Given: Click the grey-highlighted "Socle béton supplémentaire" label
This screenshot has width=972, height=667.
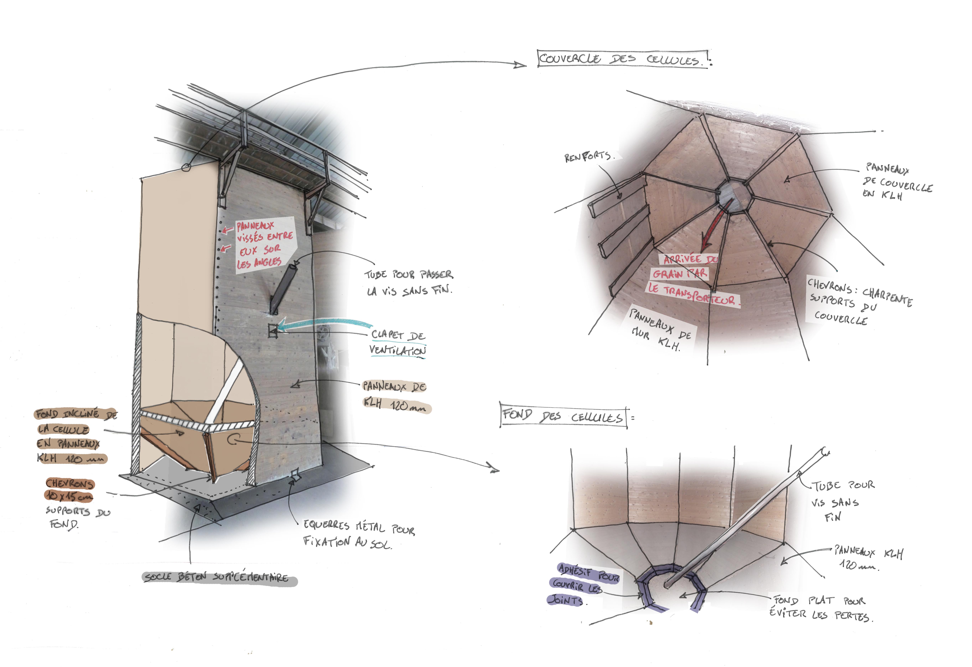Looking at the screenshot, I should [x=217, y=577].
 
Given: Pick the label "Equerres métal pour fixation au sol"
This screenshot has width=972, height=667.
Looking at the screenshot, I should [x=358, y=535].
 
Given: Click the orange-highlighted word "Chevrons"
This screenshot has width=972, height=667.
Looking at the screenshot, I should [x=70, y=484].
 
